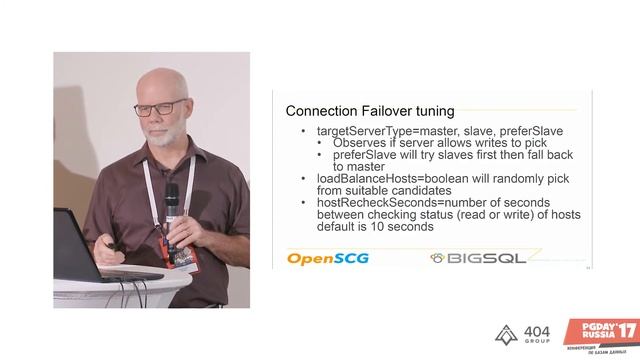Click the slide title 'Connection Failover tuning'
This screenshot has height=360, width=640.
point(370,110)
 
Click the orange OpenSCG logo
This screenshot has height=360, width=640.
point(327,258)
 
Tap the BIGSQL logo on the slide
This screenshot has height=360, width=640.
point(479,258)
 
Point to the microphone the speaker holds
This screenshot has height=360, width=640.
point(171,205)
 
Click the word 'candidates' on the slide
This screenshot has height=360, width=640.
point(420,190)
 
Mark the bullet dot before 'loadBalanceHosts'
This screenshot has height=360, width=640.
point(305,178)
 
